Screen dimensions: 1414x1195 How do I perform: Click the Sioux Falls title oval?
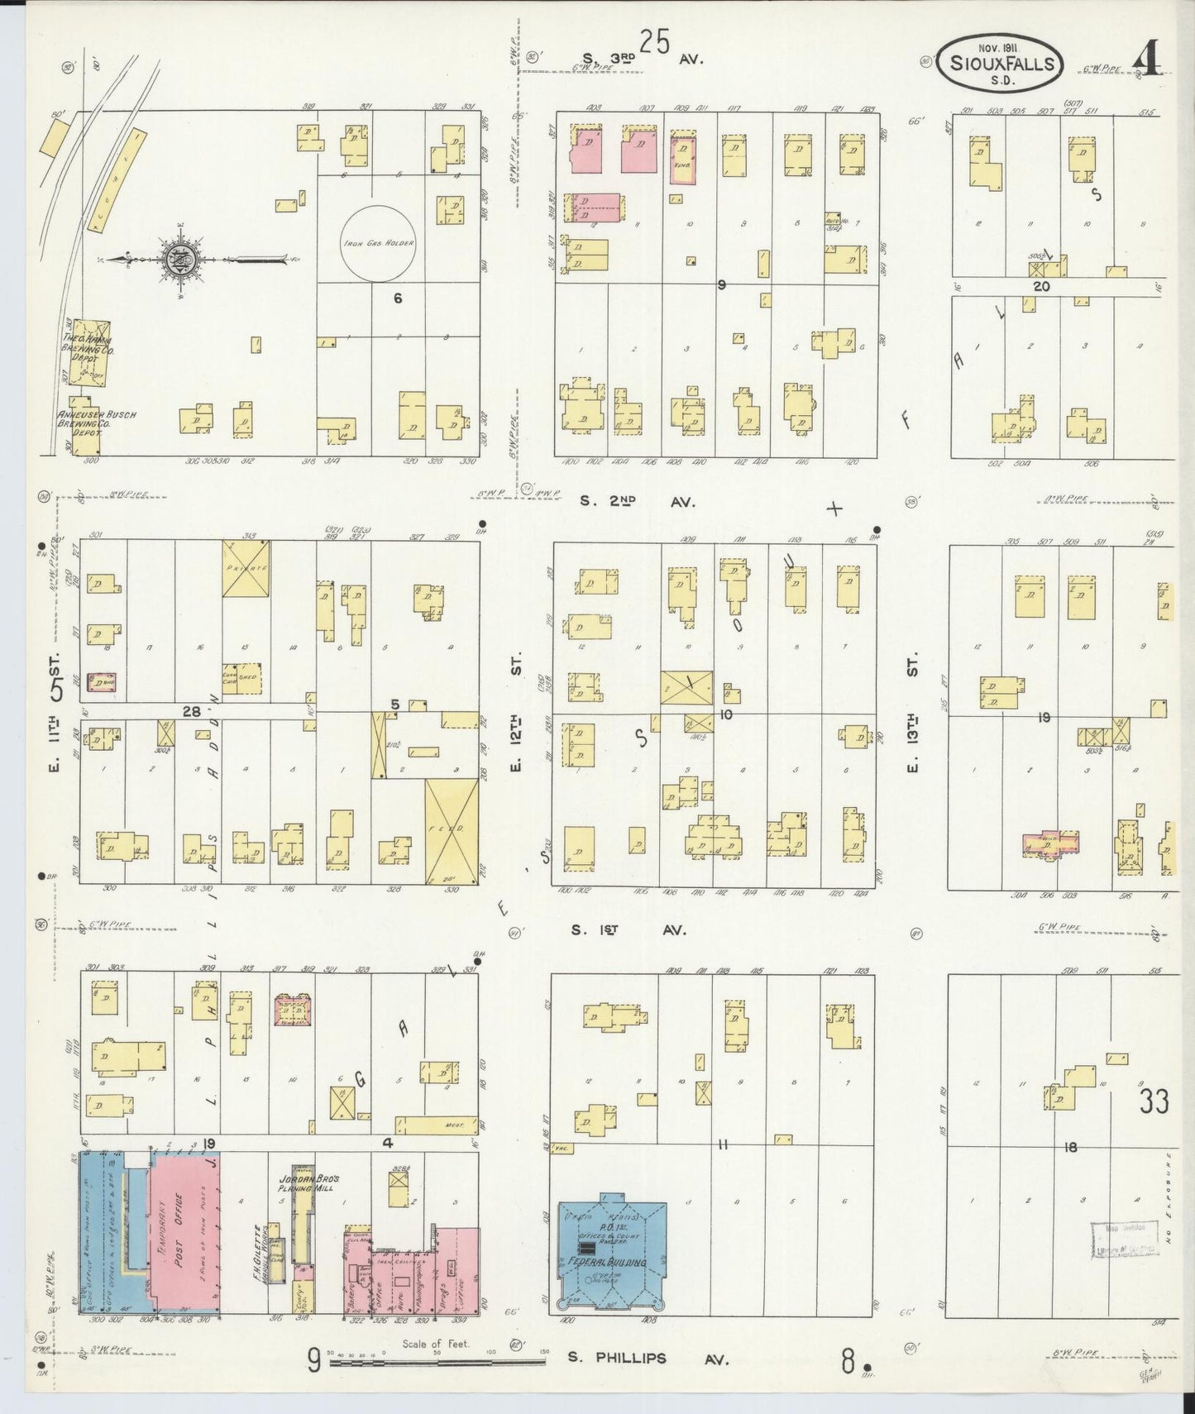pos(1001,63)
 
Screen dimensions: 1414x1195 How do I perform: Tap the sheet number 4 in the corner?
pos(1149,59)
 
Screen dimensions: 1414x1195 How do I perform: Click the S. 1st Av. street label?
pos(629,930)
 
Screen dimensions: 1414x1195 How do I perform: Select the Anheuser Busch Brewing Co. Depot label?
pos(96,420)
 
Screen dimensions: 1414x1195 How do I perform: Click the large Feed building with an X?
pos(452,830)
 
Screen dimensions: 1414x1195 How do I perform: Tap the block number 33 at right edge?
pos(1153,1101)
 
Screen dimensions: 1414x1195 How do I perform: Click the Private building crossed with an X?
pos(246,569)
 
